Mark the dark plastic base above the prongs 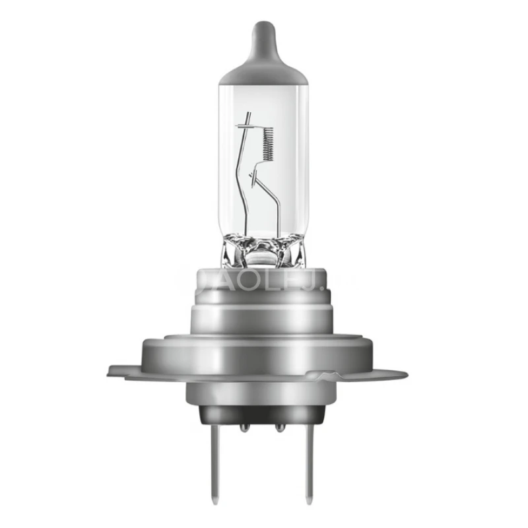click(263, 412)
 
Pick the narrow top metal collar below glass click(263, 280)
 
